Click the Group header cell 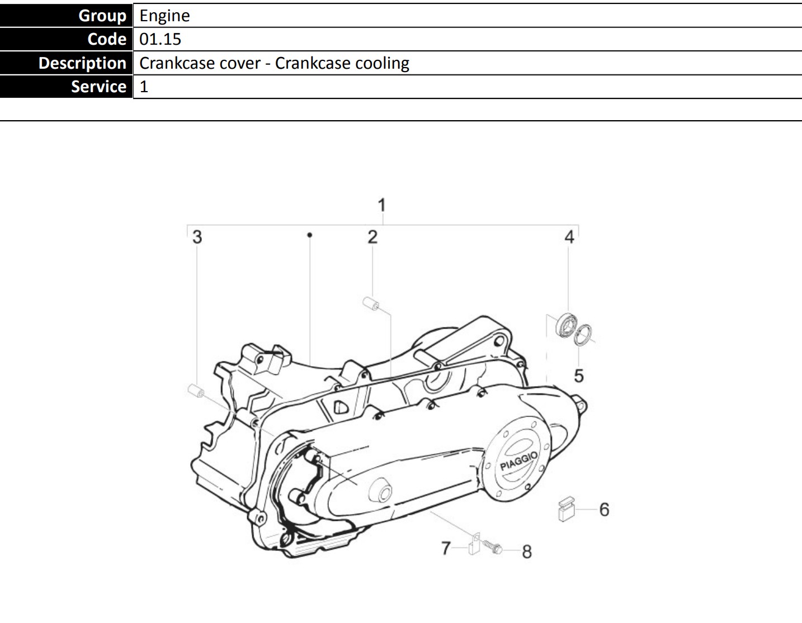(66, 15)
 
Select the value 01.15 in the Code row (160, 39)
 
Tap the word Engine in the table (164, 16)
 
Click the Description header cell (66, 63)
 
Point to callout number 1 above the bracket (382, 205)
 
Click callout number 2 (372, 237)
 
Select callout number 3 (197, 237)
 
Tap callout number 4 (569, 237)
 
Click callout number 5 (579, 376)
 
